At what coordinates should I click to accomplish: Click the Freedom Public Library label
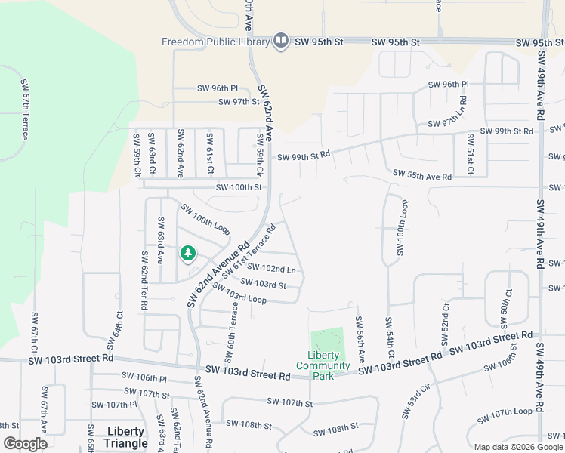215,42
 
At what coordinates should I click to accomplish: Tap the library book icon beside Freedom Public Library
281,41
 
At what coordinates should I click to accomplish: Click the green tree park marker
187,254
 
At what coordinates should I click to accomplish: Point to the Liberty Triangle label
125,437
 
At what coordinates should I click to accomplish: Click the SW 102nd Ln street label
271,269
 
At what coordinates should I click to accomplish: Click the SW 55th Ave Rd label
421,176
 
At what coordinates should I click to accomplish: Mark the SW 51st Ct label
470,154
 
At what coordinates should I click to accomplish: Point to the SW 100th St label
239,187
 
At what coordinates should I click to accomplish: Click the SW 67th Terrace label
24,109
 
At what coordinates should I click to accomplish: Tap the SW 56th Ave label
360,337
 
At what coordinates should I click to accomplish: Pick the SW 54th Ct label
390,337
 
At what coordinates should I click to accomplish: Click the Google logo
26,443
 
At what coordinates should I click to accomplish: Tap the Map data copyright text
517,446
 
